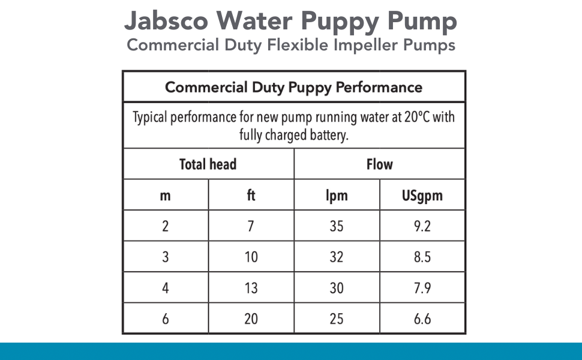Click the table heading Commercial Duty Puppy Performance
click(x=294, y=88)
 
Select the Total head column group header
click(x=208, y=164)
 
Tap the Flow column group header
click(x=380, y=164)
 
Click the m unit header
click(x=166, y=195)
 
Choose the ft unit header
click(x=251, y=195)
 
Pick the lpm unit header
click(x=337, y=196)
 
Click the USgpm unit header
click(x=422, y=196)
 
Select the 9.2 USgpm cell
click(x=422, y=226)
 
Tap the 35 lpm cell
click(x=337, y=226)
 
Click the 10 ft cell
click(x=251, y=257)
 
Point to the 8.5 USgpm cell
click(x=422, y=257)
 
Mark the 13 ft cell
click(x=251, y=288)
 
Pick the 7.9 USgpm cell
click(x=422, y=288)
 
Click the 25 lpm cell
click(x=337, y=319)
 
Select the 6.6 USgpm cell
click(x=422, y=319)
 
